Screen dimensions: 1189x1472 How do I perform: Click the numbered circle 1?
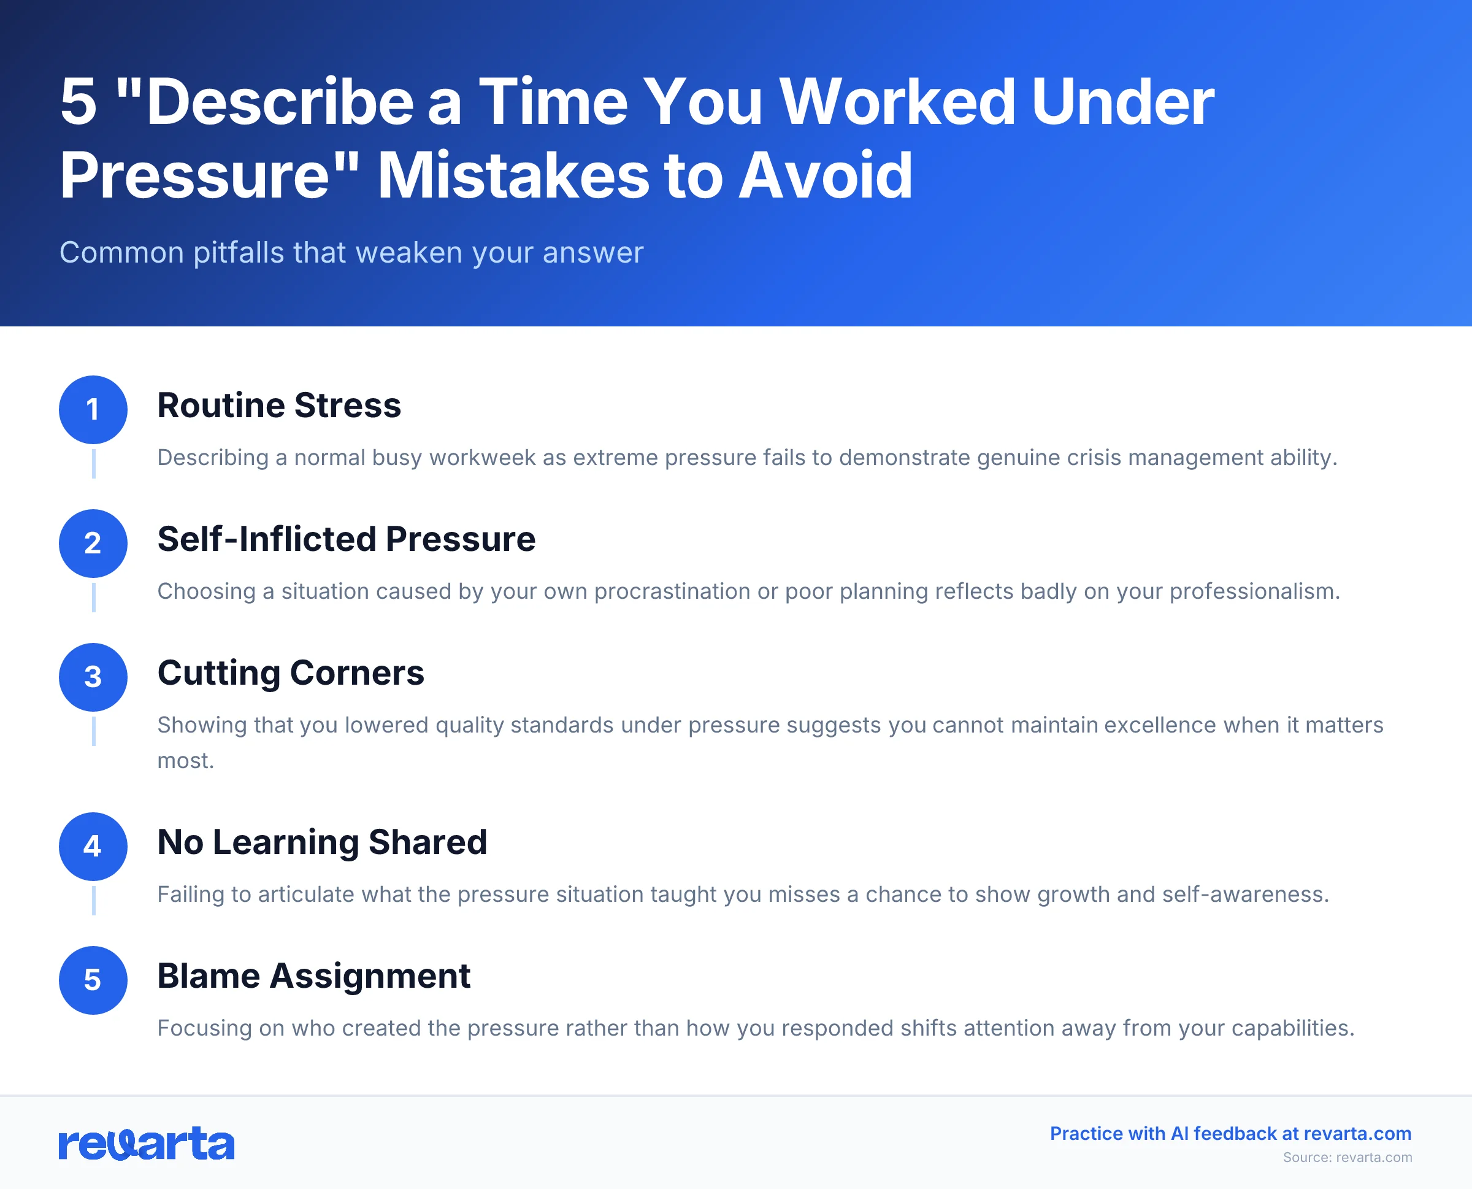93,410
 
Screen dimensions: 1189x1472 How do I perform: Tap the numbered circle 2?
93,543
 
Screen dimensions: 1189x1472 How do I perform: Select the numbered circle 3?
93,677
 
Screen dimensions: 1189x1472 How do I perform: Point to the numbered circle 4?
93,847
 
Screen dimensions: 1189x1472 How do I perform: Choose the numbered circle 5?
93,980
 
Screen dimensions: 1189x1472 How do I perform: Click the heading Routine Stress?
278,406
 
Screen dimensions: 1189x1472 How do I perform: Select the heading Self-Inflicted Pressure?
347,539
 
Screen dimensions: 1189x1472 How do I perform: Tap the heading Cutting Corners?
291,672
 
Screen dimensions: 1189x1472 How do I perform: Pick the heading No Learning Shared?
322,842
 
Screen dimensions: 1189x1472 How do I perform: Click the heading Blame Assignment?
313,976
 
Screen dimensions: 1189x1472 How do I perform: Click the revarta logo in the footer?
147,1144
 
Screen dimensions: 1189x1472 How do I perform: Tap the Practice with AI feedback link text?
1230,1134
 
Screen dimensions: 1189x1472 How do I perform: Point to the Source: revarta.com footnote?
1347,1158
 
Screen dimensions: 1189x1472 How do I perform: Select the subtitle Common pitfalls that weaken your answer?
351,253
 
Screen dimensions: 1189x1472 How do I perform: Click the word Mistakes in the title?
513,176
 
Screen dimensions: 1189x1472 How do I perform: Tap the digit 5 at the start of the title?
78,102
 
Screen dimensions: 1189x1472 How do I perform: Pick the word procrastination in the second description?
672,591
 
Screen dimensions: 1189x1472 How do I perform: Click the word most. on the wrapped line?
186,760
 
